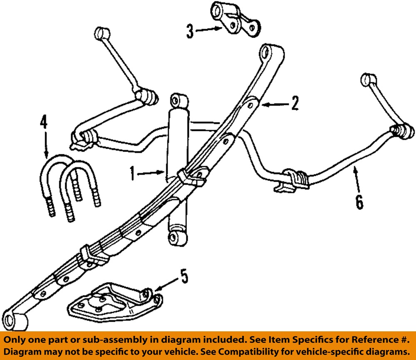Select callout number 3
coord(190,32)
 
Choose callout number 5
coord(183,276)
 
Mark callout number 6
coord(359,202)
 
